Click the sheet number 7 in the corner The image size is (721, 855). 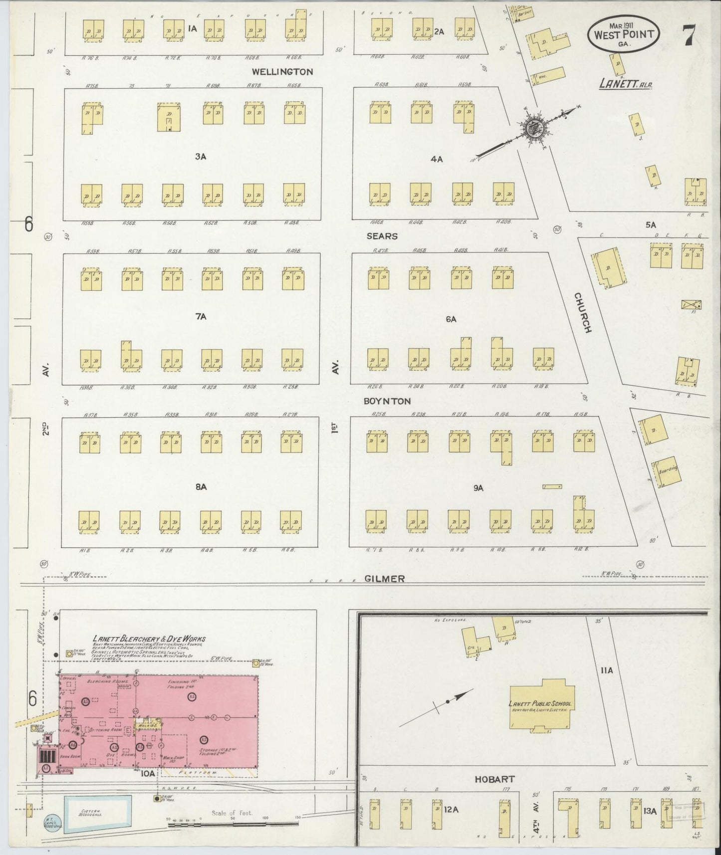(690, 35)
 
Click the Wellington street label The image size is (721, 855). (282, 72)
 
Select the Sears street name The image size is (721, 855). (382, 236)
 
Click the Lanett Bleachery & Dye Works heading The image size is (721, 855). (149, 639)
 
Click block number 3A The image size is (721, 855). (201, 157)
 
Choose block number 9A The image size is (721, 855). (479, 488)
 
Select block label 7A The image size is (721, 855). (201, 316)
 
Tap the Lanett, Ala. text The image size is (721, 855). (626, 85)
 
